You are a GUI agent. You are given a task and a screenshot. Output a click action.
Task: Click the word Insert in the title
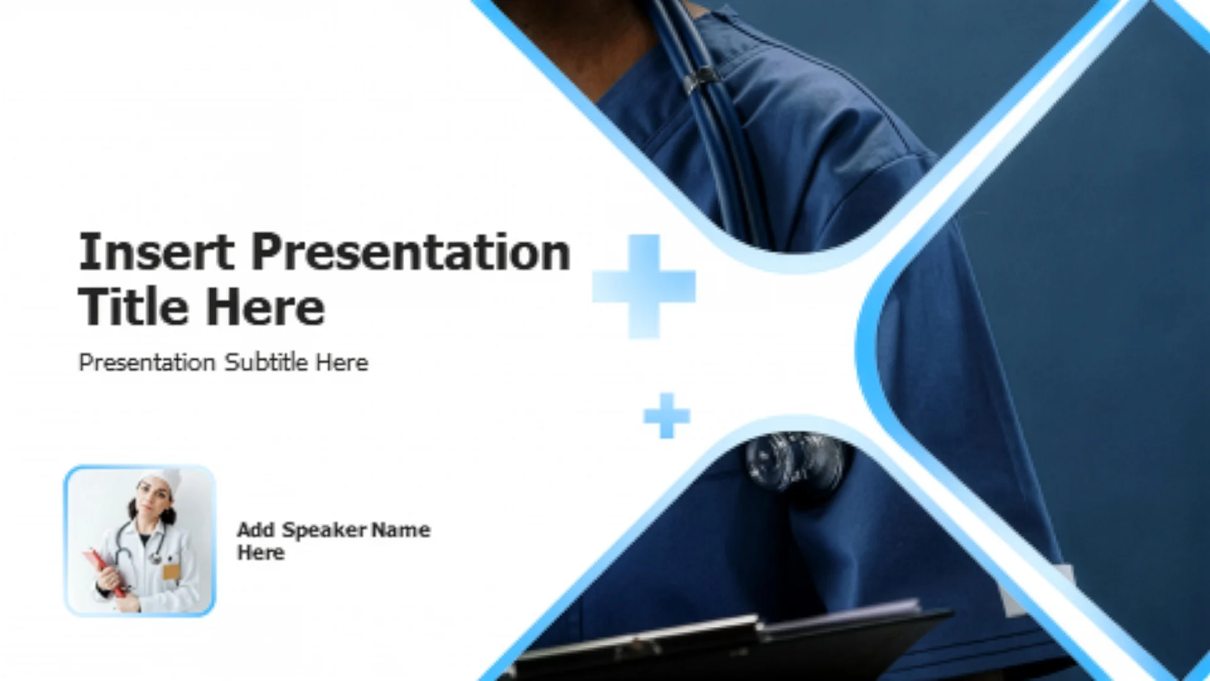click(156, 252)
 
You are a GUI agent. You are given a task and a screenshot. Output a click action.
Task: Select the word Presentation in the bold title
click(411, 252)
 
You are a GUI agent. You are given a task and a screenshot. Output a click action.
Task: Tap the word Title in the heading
click(133, 307)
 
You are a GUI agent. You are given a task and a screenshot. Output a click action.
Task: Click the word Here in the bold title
click(265, 307)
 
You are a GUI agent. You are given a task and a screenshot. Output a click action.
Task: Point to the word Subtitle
click(266, 362)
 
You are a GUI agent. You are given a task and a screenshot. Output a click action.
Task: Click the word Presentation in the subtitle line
click(147, 363)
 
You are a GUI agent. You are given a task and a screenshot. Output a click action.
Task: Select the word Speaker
click(324, 530)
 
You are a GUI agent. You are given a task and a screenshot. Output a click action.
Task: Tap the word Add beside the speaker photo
click(256, 530)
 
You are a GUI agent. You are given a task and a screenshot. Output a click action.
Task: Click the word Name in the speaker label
click(401, 530)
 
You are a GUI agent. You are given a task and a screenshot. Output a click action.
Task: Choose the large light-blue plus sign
click(644, 286)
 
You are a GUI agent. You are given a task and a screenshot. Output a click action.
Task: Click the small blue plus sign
click(667, 416)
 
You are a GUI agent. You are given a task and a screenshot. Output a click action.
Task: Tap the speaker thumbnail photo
click(140, 540)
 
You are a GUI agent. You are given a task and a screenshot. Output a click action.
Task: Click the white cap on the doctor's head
click(162, 480)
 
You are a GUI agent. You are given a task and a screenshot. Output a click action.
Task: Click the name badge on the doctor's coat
click(171, 572)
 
